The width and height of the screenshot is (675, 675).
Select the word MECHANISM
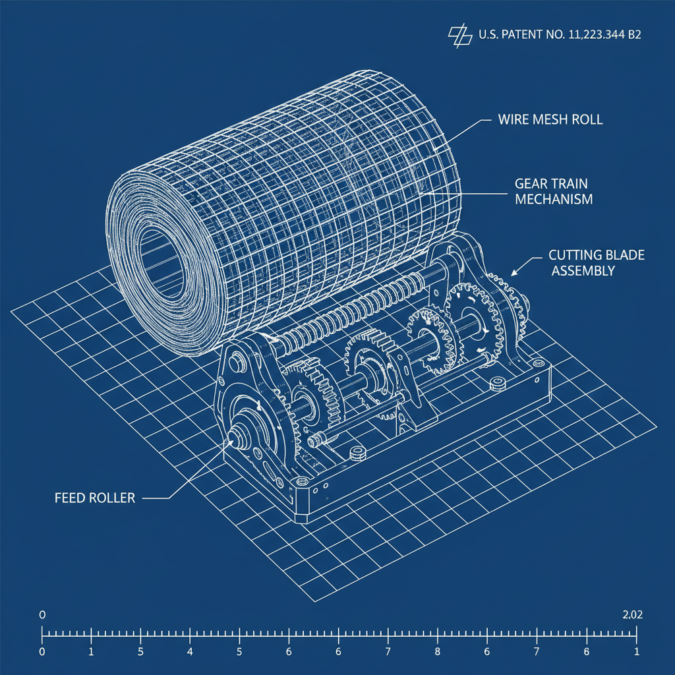[554, 198]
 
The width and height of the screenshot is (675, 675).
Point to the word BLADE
[624, 255]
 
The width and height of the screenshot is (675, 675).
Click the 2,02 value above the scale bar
[632, 615]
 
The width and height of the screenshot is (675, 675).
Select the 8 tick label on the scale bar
[437, 652]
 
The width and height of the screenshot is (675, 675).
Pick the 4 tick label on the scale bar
[190, 652]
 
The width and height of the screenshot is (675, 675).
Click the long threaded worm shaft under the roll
[349, 310]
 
